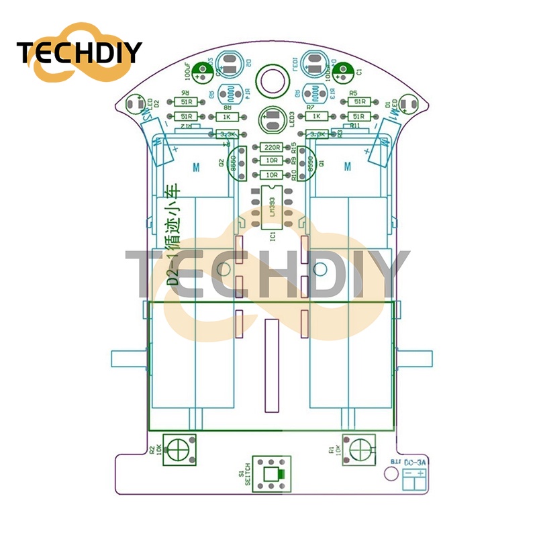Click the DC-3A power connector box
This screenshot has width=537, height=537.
[413, 477]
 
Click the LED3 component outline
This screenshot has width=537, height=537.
[273, 119]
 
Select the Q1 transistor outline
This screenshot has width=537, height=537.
[307, 162]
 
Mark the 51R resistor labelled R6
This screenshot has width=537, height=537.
[185, 102]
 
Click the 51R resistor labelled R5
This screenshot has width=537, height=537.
[360, 102]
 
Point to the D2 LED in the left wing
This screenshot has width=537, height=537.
[133, 104]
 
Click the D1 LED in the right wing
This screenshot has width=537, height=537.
[411, 104]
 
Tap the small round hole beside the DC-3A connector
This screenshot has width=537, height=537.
[389, 474]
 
